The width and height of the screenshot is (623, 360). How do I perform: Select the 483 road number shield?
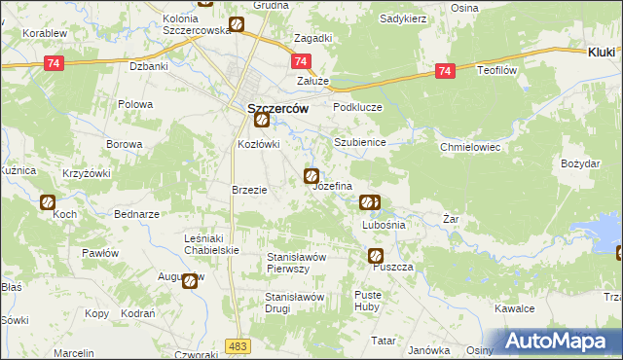pos(237,345)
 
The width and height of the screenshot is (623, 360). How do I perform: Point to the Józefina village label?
pos(332,185)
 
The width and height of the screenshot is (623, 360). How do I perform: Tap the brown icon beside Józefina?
pos(311,176)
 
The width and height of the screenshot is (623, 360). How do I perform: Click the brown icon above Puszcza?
pos(376,256)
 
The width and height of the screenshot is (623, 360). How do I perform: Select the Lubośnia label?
pos(383,224)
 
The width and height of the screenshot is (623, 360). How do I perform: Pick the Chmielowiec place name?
pos(469,147)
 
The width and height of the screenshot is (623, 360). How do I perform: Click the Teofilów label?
pos(501,71)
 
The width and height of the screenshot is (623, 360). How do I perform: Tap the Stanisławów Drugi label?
pos(293,302)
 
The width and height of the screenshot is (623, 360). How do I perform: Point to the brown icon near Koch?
pos(48,202)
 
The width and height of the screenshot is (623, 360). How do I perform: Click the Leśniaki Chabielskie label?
pos(211,243)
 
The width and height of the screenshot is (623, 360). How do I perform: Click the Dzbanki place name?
pos(149,67)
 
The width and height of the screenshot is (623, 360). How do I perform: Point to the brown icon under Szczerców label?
pos(261,121)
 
